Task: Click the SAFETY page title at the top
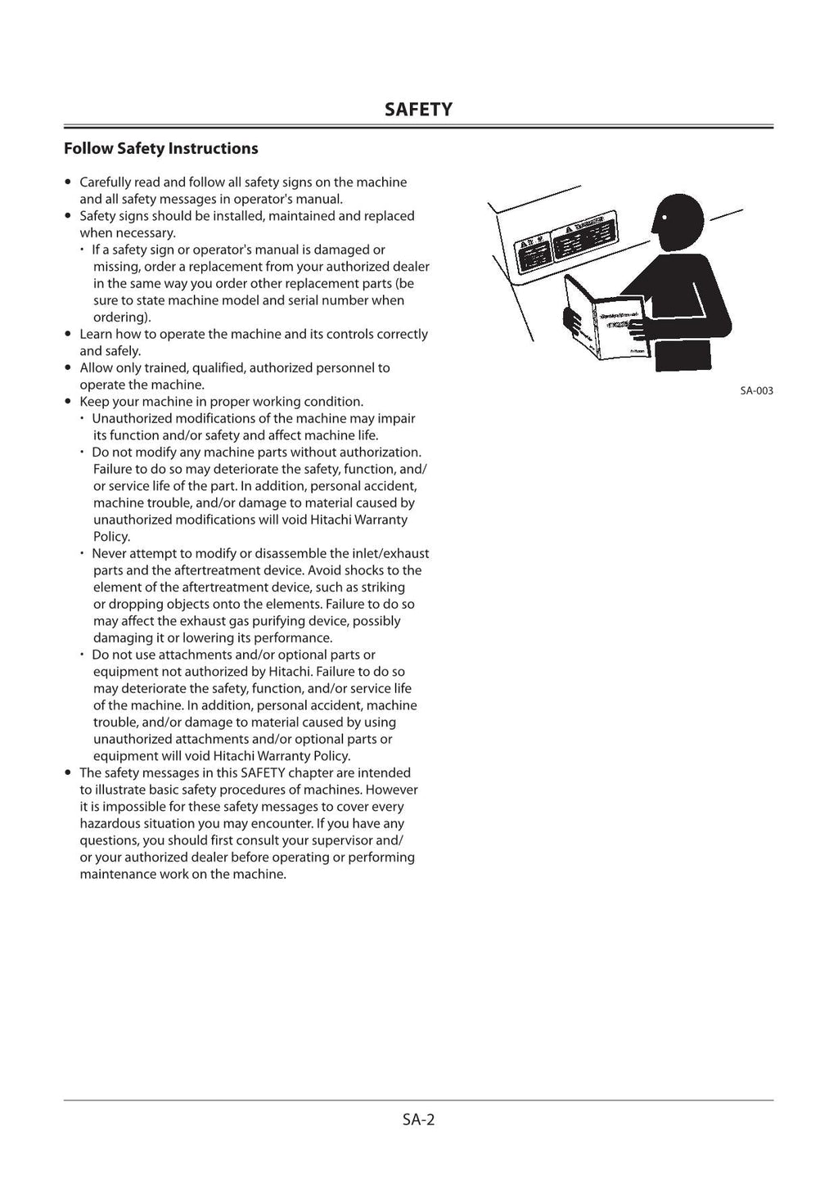point(418,110)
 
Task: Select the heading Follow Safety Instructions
point(160,148)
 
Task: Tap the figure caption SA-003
point(756,391)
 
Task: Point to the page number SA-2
point(418,1119)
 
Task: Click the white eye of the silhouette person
point(665,218)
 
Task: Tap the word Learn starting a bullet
point(96,334)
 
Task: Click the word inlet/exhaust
point(390,554)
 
